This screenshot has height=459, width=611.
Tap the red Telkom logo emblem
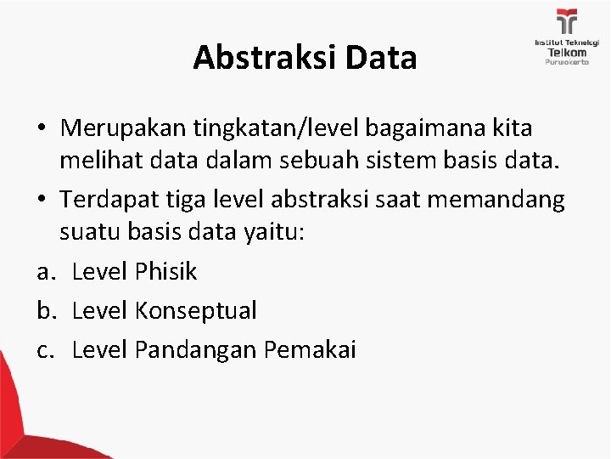[x=566, y=22]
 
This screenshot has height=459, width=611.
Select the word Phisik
[x=166, y=272]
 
